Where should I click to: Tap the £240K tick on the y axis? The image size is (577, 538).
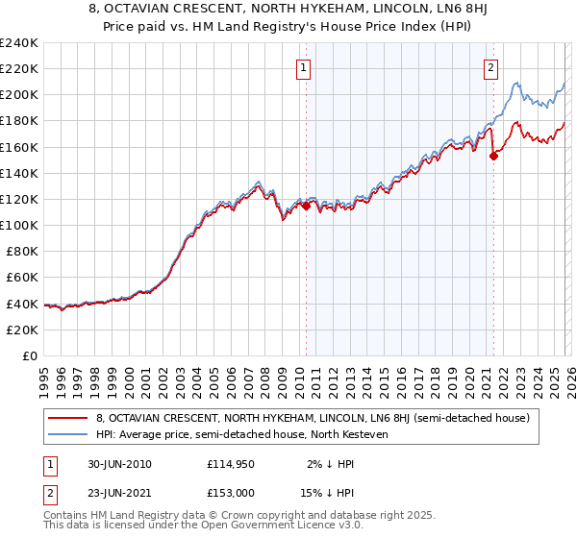tap(19, 43)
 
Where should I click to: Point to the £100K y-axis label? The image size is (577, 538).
tap(19, 225)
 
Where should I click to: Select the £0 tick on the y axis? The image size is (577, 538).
tap(29, 355)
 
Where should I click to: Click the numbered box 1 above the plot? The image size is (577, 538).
tap(304, 67)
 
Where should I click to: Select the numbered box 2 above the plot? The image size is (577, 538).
tap(491, 67)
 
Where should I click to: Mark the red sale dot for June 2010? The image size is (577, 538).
tap(306, 206)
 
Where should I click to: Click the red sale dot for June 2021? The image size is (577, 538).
tap(493, 156)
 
